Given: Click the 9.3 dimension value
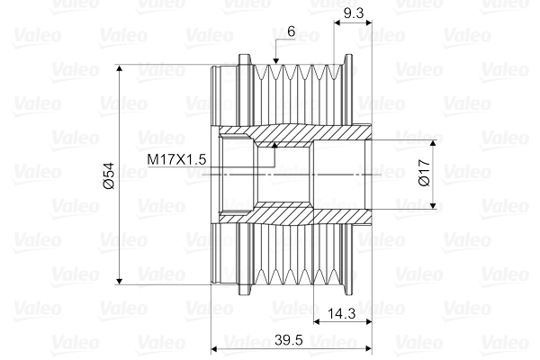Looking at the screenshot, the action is click(x=354, y=13).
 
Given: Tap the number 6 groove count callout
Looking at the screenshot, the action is click(x=292, y=31).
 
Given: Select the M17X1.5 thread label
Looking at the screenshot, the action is click(x=176, y=159).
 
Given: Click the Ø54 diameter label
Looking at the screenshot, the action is click(x=109, y=175).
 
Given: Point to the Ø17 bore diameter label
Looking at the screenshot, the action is click(x=425, y=173).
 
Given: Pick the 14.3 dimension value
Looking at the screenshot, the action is click(x=341, y=313).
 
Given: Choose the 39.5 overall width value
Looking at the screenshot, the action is click(x=289, y=340).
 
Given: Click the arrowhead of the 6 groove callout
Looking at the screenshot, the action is click(x=275, y=60).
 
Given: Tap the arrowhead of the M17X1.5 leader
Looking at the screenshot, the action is click(x=274, y=145).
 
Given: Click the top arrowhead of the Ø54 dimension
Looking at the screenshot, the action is click(x=119, y=68).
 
